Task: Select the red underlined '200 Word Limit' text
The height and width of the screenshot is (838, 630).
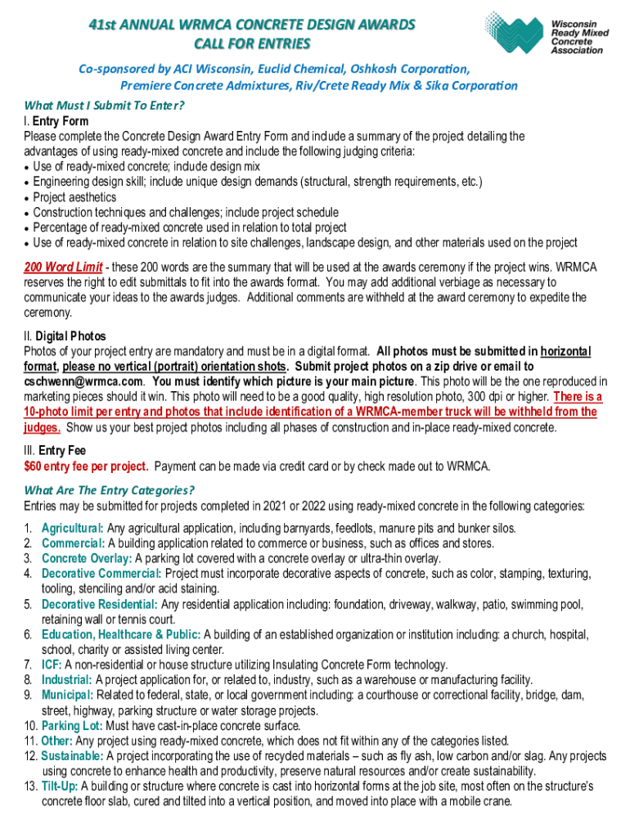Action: (x=63, y=268)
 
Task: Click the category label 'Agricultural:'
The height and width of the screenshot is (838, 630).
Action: (x=73, y=528)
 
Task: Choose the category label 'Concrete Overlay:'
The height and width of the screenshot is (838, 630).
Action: (x=86, y=558)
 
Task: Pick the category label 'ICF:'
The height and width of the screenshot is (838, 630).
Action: (x=52, y=665)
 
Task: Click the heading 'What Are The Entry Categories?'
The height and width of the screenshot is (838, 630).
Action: (x=109, y=490)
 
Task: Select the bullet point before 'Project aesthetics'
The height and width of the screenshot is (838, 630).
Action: (x=28, y=197)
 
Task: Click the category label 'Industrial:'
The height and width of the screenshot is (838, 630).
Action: (x=67, y=679)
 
